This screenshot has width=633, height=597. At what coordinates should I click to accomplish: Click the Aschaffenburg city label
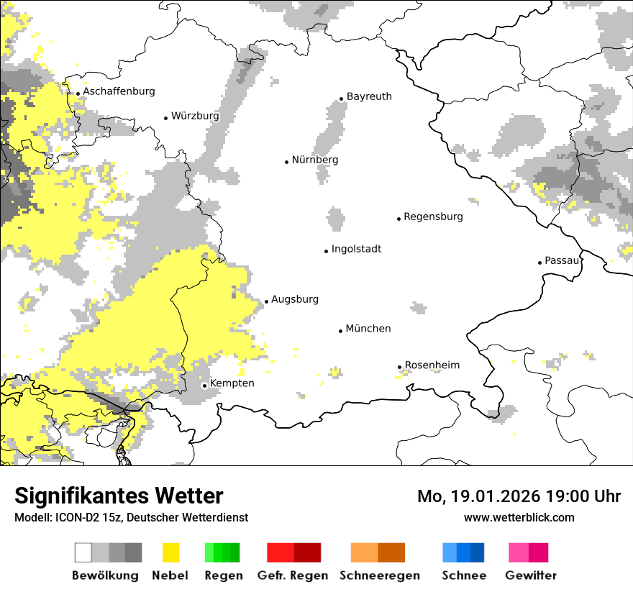[x=119, y=91]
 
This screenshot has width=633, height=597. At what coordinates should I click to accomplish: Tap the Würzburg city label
[x=195, y=116]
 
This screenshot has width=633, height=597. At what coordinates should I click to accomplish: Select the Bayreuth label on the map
[x=369, y=96]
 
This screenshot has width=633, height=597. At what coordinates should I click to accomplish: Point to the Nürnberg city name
[x=314, y=160]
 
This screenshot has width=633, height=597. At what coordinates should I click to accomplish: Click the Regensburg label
[x=433, y=217]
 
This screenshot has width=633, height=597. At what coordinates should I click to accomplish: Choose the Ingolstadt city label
[x=356, y=249]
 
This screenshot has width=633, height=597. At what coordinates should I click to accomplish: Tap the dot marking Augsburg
[x=266, y=302]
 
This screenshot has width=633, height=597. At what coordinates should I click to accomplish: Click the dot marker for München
[x=341, y=331]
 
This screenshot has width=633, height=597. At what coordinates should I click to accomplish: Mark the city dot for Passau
[x=539, y=263]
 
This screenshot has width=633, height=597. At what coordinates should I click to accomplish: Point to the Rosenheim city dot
[x=400, y=368]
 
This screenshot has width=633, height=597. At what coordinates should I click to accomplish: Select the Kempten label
[x=232, y=383]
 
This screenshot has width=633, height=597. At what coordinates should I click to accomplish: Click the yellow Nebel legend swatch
[x=170, y=552]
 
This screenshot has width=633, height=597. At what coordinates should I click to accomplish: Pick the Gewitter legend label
[x=531, y=575]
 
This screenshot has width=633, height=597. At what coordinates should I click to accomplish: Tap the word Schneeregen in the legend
[x=379, y=575]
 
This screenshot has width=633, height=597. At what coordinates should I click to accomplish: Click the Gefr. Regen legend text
[x=292, y=575]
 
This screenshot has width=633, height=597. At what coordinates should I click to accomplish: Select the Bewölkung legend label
[x=105, y=575]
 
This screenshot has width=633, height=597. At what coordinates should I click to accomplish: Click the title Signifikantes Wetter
[x=119, y=496]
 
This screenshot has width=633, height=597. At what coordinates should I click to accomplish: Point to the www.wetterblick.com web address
[x=519, y=517]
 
